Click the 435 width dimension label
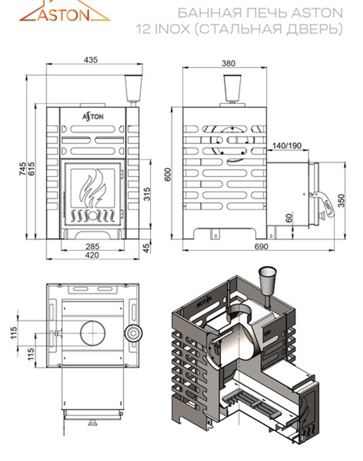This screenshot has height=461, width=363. (91, 59)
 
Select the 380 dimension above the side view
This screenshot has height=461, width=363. (228, 63)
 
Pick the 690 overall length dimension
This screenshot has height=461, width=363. (261, 247)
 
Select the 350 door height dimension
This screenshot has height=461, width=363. (341, 200)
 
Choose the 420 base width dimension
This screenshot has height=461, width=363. (92, 255)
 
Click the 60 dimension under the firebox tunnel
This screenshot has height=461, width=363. (289, 219)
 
